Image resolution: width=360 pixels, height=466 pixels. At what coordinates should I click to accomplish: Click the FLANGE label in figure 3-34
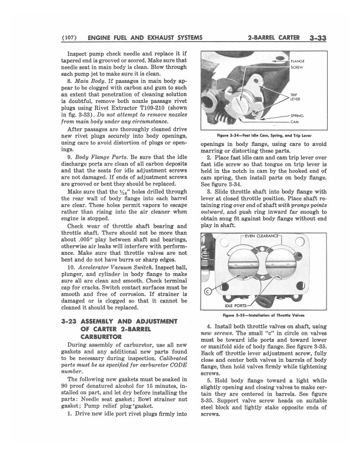[x=297, y=61]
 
